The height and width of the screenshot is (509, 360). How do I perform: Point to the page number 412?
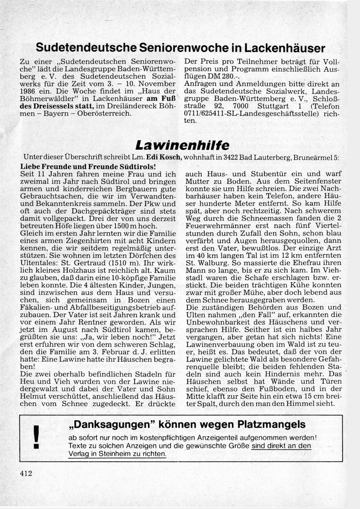(26, 473)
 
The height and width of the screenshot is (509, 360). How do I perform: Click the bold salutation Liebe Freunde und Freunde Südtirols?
(88, 166)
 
